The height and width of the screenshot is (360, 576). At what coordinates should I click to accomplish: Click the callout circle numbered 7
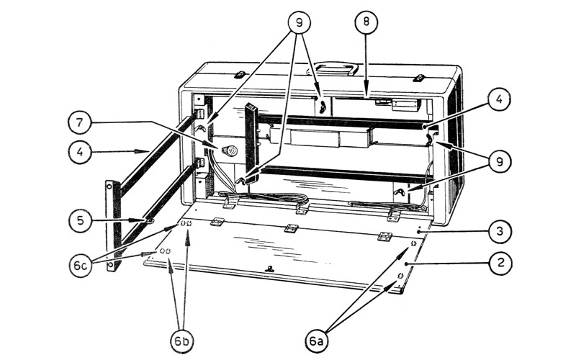click(x=80, y=123)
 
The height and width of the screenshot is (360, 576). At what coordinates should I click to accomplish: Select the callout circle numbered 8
click(x=366, y=22)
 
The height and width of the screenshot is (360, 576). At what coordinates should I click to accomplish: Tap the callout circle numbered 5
click(x=81, y=220)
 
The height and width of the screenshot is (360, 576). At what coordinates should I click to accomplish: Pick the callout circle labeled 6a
click(x=317, y=341)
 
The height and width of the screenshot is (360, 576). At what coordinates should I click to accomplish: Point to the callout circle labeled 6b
click(x=182, y=341)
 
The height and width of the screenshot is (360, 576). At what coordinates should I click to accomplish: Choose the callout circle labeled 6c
click(x=81, y=265)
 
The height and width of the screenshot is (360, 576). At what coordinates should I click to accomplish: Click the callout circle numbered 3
click(x=500, y=231)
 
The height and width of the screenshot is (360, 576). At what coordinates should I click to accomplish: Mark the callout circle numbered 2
click(x=500, y=263)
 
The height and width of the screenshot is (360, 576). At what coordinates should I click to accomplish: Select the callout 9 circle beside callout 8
click(x=299, y=23)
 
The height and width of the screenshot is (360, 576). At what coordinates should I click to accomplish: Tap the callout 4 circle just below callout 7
click(x=80, y=152)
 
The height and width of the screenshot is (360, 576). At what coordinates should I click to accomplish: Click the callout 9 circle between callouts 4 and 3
click(x=500, y=161)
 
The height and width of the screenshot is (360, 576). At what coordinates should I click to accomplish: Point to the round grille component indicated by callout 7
click(x=230, y=150)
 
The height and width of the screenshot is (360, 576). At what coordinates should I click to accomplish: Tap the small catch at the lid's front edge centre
click(x=269, y=269)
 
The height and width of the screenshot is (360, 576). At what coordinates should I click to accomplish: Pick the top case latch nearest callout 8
click(x=419, y=78)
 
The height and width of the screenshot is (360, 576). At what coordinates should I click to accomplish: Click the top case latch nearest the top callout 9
click(x=240, y=75)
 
